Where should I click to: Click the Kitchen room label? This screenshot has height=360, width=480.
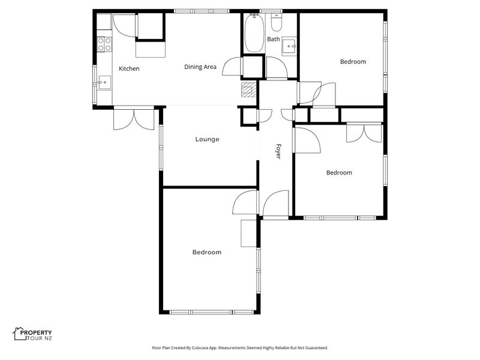[129, 68]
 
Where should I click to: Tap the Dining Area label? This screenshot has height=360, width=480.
[200, 67]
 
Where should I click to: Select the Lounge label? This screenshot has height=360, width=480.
[207, 139]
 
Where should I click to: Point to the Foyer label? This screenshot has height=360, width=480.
[278, 151]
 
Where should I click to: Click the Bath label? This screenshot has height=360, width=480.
[274, 39]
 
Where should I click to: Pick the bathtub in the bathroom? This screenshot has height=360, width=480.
[254, 33]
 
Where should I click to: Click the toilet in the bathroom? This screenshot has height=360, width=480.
[277, 23]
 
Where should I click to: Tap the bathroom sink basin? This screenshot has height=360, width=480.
[289, 46]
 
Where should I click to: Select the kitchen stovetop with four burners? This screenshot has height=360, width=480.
[104, 44]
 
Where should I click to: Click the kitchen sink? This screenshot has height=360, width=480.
[104, 82]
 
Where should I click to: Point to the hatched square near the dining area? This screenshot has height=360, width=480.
[248, 89]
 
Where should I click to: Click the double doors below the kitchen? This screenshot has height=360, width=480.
[134, 119]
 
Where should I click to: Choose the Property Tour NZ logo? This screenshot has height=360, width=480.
[32, 334]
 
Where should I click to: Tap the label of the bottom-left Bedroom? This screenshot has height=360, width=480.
[206, 252]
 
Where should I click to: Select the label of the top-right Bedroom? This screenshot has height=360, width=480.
[353, 62]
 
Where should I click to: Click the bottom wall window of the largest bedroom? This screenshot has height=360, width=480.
[212, 312]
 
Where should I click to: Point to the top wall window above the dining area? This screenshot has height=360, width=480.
[202, 11]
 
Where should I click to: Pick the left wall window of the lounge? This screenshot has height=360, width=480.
[161, 147]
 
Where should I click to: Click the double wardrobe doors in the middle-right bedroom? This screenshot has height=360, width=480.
[364, 133]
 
